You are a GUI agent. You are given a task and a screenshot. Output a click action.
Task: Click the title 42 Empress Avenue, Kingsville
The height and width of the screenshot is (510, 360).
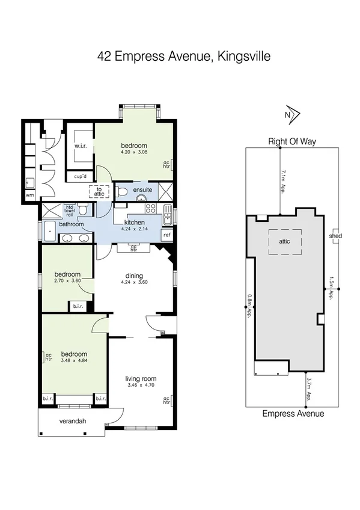(184, 57)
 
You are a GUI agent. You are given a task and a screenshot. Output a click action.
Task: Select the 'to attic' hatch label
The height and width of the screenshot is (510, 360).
(99, 192)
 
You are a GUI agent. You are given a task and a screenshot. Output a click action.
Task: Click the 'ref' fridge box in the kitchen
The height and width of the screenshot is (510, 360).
(167, 235)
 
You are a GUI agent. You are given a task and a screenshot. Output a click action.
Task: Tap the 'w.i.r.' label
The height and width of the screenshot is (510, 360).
(82, 146)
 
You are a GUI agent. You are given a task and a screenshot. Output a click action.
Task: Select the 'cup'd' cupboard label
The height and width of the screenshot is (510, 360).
(81, 177)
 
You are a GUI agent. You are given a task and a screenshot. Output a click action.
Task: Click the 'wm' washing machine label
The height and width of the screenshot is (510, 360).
(29, 195)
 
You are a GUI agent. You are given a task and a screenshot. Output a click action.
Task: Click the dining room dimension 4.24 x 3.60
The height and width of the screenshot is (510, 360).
(133, 281)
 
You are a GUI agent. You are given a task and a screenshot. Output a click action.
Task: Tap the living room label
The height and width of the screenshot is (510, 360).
(141, 378)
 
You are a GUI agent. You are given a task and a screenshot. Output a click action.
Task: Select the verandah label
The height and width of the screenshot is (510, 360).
(72, 421)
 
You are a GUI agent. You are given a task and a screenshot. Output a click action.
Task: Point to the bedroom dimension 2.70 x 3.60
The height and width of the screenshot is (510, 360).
(67, 281)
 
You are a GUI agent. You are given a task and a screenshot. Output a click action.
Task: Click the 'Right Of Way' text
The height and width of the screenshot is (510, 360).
(292, 142)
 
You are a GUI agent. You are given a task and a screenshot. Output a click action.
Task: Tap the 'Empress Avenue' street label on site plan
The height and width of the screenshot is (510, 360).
(293, 414)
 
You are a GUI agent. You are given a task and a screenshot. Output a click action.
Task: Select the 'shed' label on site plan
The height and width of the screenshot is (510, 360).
(335, 236)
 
